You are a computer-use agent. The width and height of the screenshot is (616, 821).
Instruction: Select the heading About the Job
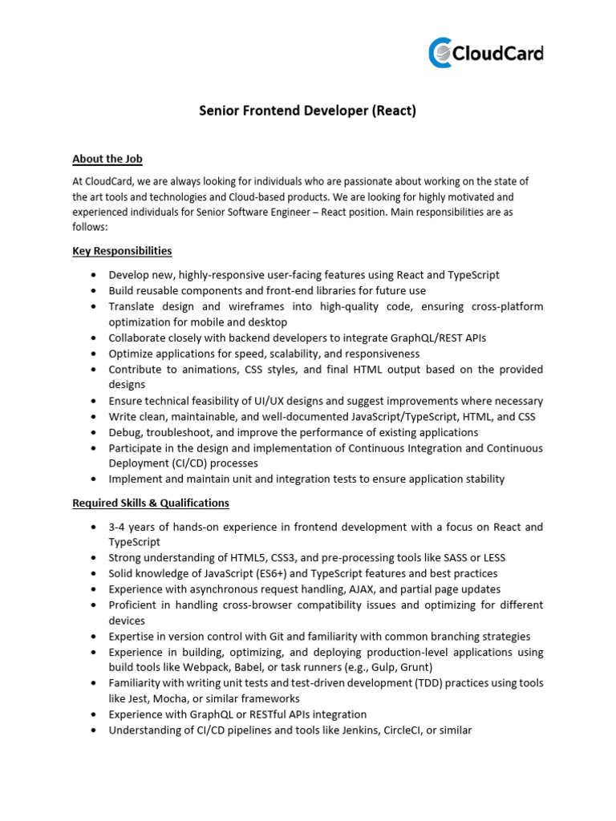107,159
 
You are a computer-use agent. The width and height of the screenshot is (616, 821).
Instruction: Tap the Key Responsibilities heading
122,251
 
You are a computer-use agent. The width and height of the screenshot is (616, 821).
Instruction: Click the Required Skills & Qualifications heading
151,503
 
